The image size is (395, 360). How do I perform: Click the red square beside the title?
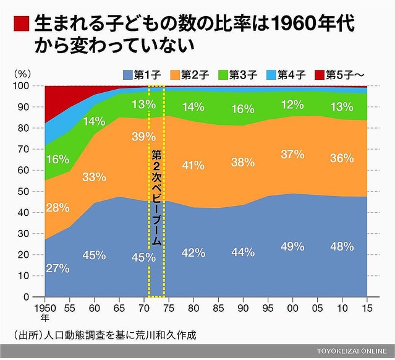pos(20,24)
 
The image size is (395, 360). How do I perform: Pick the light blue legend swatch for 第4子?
pos(270,75)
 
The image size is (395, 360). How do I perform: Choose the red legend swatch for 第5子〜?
pos(319,75)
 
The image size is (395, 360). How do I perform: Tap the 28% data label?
pos(57,207)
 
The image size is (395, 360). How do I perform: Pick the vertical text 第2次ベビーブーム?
pos(156,197)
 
